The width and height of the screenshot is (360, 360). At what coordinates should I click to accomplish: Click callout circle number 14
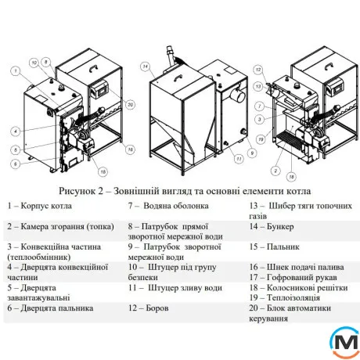coord(146,67)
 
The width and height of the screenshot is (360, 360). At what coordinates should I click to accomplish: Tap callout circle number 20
coord(131,105)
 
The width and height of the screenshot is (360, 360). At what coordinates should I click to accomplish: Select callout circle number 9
coord(252,153)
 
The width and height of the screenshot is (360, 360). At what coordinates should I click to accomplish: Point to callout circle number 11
coord(239,159)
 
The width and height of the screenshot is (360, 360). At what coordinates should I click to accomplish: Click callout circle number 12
coord(258,70)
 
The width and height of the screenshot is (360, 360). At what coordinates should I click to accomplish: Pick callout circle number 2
coord(275,171)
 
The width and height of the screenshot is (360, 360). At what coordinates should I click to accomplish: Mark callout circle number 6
coord(16,164)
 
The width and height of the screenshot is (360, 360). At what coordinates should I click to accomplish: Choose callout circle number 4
coord(16,131)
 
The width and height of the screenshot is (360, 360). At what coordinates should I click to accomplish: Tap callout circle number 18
coord(291,177)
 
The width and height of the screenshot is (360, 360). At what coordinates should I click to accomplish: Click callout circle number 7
coord(260,106)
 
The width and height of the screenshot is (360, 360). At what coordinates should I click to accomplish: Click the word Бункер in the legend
coord(280,226)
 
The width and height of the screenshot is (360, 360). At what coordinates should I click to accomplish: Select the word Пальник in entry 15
coord(283,247)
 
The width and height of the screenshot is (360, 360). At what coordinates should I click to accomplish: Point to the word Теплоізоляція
coord(293,298)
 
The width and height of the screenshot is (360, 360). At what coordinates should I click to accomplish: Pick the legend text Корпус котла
coord(46,206)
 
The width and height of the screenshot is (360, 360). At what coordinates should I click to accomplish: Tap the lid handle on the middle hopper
coord(178,77)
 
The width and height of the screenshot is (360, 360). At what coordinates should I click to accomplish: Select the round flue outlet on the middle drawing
coord(239,95)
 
